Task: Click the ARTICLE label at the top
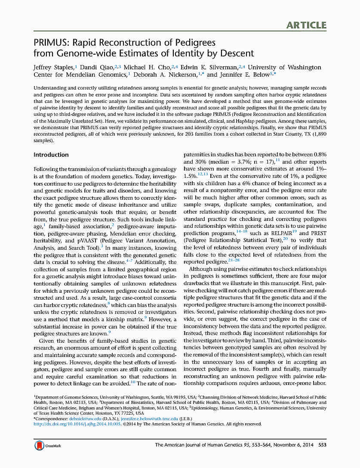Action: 306,25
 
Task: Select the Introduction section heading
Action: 51,155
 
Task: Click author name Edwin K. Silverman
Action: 208,68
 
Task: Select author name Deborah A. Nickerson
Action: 164,74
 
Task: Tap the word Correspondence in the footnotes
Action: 51,418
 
